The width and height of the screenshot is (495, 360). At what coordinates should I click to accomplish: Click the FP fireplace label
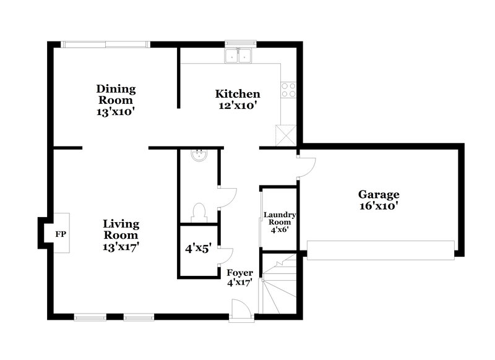tap(61, 234)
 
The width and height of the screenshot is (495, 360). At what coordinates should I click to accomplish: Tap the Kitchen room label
tap(238, 94)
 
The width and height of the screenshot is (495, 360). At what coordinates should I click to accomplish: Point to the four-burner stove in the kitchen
tap(288, 90)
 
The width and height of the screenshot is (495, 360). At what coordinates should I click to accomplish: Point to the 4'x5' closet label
tap(199, 251)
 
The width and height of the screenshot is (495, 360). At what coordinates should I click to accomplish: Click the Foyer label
tap(239, 273)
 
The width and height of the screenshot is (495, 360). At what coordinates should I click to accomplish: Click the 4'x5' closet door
tap(226, 257)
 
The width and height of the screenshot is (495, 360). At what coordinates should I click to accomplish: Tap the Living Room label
tap(121, 229)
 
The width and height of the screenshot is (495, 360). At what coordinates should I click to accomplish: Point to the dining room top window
tap(106, 44)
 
